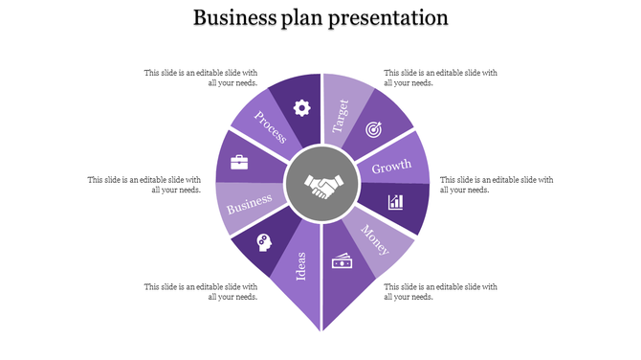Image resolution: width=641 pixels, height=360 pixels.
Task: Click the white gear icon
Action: (301, 107)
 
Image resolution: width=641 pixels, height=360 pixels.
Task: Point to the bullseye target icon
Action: (373, 127)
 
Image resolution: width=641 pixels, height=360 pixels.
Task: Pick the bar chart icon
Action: (394, 202)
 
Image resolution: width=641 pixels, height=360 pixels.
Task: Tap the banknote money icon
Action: (342, 260)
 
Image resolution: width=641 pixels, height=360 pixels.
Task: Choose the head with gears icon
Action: (263, 243)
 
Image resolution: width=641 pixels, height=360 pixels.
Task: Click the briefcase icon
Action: (239, 162)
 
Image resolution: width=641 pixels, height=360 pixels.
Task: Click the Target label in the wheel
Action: (341, 115)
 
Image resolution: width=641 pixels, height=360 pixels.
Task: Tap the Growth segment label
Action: (391, 169)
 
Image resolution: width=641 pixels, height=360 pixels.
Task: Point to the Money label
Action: (375, 239)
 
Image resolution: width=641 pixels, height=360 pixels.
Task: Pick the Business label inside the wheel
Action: (250, 203)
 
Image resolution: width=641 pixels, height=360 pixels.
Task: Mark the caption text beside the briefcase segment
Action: (144, 184)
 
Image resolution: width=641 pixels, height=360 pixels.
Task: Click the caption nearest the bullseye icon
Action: (440, 78)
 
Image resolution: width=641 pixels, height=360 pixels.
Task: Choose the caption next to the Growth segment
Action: (496, 184)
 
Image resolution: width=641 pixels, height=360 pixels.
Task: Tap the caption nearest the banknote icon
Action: (440, 291)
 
